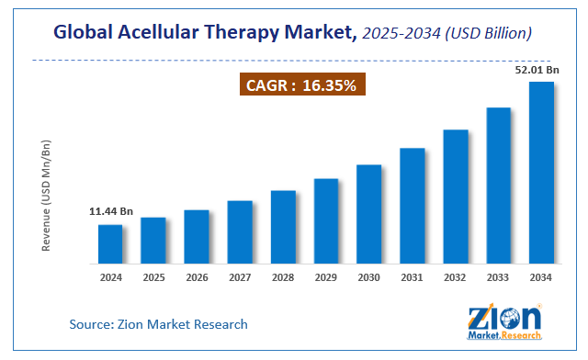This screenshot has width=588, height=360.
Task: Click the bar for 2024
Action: (x=110, y=242)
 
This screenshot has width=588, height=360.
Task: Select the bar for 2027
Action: (x=240, y=231)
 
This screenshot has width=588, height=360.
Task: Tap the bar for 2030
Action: (x=368, y=212)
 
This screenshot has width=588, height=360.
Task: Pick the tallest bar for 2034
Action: (x=541, y=171)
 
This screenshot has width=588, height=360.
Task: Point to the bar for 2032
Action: (x=455, y=195)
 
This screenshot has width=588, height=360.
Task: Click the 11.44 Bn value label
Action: (x=110, y=211)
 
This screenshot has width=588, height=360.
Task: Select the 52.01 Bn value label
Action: (x=537, y=69)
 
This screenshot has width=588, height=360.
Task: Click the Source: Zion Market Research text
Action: (x=158, y=324)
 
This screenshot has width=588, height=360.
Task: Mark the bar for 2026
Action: (x=197, y=235)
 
